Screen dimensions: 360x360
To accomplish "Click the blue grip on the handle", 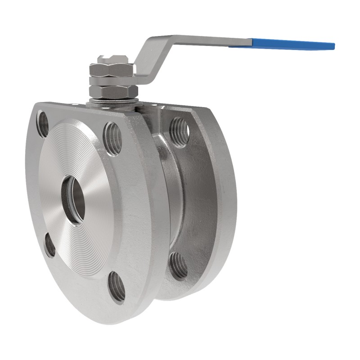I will [292, 44].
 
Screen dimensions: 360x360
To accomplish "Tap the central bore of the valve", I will [73, 199].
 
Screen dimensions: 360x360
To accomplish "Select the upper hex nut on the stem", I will [111, 70].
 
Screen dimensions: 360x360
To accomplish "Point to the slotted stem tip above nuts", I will [112, 59].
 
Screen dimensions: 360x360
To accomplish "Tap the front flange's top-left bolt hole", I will [43, 124].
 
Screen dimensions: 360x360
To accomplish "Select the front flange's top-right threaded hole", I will [112, 138].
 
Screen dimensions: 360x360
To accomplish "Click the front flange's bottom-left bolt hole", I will [49, 245].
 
